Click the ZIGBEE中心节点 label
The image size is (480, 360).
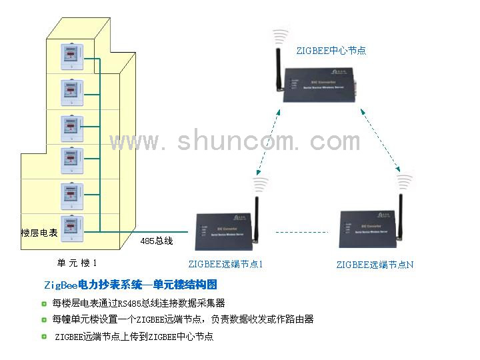[331, 50]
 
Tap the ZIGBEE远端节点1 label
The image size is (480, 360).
[225, 264]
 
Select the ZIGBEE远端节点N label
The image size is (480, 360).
[375, 265]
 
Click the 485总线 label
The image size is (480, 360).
[157, 241]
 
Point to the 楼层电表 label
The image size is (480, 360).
[39, 233]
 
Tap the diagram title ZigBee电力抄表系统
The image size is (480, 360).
[130, 285]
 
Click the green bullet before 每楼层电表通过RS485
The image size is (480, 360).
[44, 303]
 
